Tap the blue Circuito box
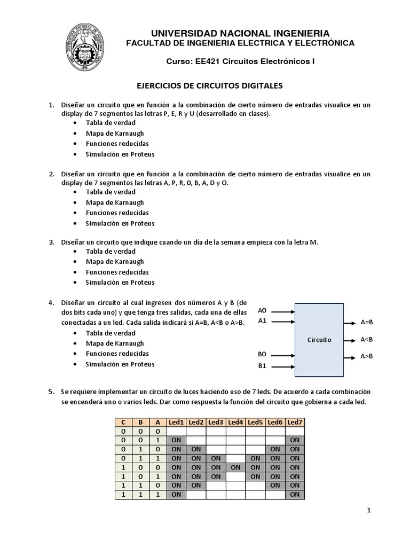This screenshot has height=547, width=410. [319, 340]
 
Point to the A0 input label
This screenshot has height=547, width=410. [262, 310]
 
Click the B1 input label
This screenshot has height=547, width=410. [262, 366]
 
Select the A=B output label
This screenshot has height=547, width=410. [367, 322]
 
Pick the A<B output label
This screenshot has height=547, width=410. [367, 339]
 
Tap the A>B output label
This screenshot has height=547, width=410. [367, 356]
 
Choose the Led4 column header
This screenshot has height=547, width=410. [235, 422]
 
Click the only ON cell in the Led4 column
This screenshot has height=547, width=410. [235, 467]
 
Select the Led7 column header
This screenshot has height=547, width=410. [294, 422]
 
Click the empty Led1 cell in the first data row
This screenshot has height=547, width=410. [176, 431]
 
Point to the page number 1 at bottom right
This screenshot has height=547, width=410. [368, 511]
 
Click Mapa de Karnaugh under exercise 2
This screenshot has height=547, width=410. [115, 202]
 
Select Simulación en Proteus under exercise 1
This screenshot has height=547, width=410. [120, 154]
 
